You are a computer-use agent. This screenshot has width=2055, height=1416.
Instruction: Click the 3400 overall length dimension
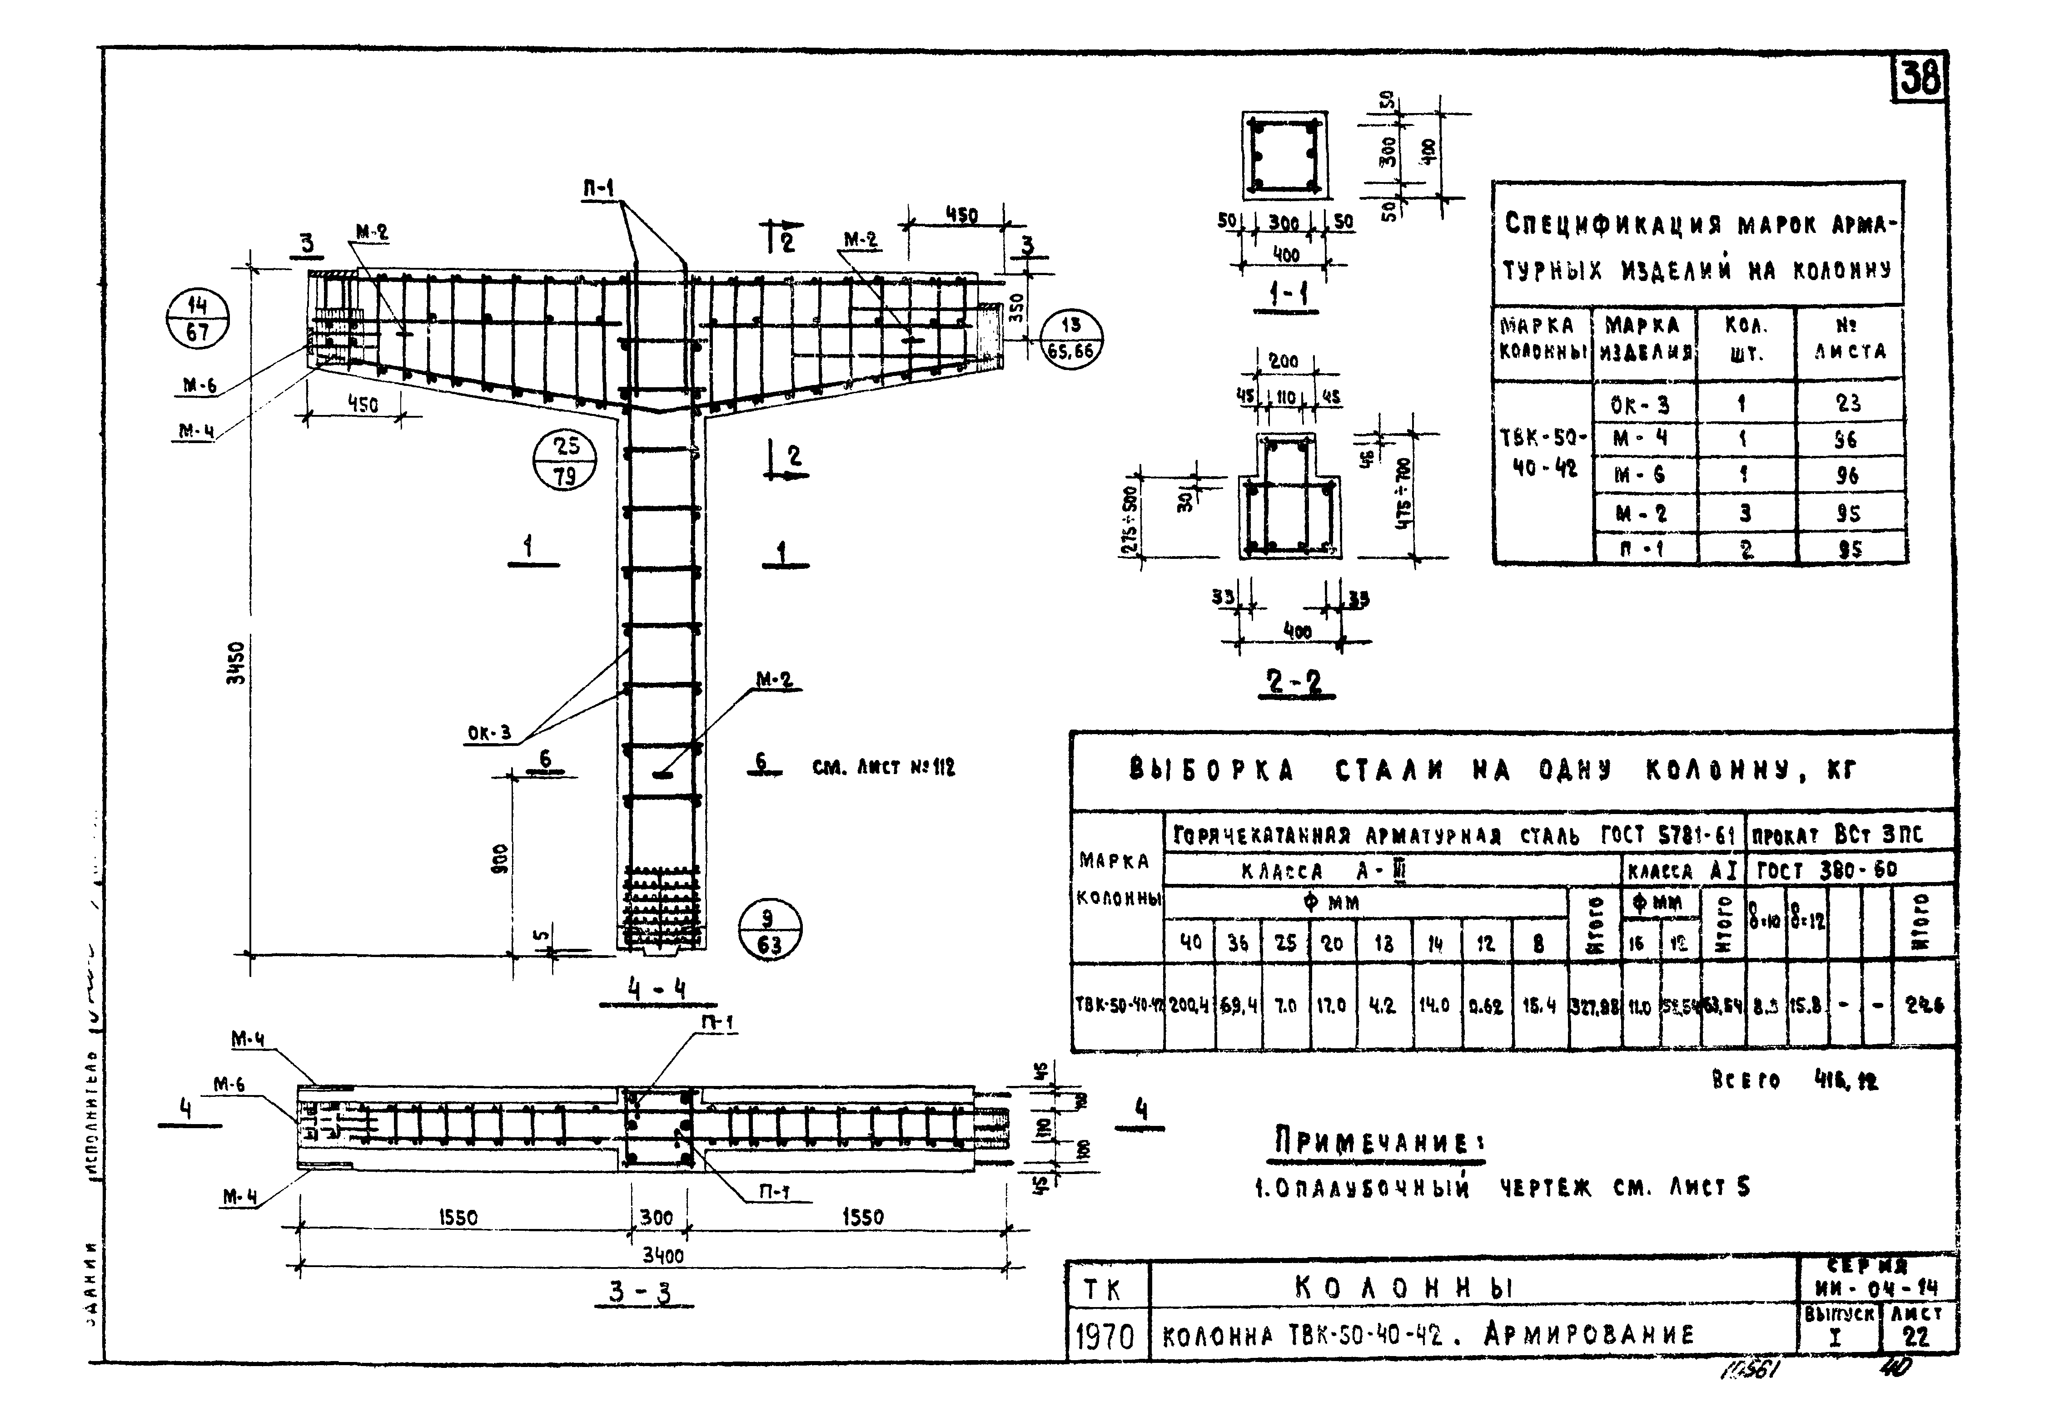tap(662, 1255)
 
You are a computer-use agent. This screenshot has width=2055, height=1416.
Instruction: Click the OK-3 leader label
tap(489, 733)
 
